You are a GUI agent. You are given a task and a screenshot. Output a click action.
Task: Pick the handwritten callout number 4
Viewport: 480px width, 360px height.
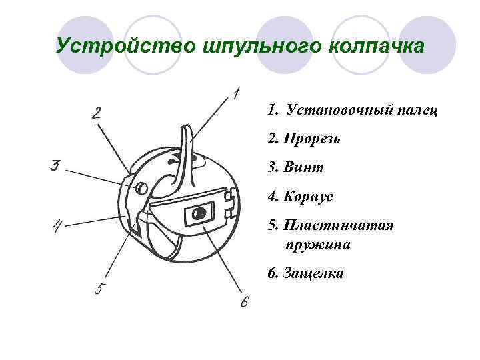(59, 227)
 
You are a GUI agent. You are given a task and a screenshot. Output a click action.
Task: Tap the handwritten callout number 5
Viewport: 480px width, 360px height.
(99, 289)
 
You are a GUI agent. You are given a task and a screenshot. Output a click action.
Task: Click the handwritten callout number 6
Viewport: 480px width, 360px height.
(244, 302)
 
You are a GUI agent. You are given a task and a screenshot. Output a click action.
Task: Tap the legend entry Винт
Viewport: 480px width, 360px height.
(303, 167)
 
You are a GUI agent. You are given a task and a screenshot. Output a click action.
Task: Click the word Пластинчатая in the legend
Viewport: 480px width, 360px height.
(338, 225)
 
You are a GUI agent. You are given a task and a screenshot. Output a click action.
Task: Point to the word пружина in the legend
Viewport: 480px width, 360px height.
(318, 245)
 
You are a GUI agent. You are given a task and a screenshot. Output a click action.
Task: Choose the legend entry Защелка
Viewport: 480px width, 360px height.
(313, 273)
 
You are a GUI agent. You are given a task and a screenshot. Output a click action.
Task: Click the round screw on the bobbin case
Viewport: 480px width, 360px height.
(141, 189)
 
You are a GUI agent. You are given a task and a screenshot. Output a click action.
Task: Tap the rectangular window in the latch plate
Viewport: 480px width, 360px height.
(197, 214)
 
